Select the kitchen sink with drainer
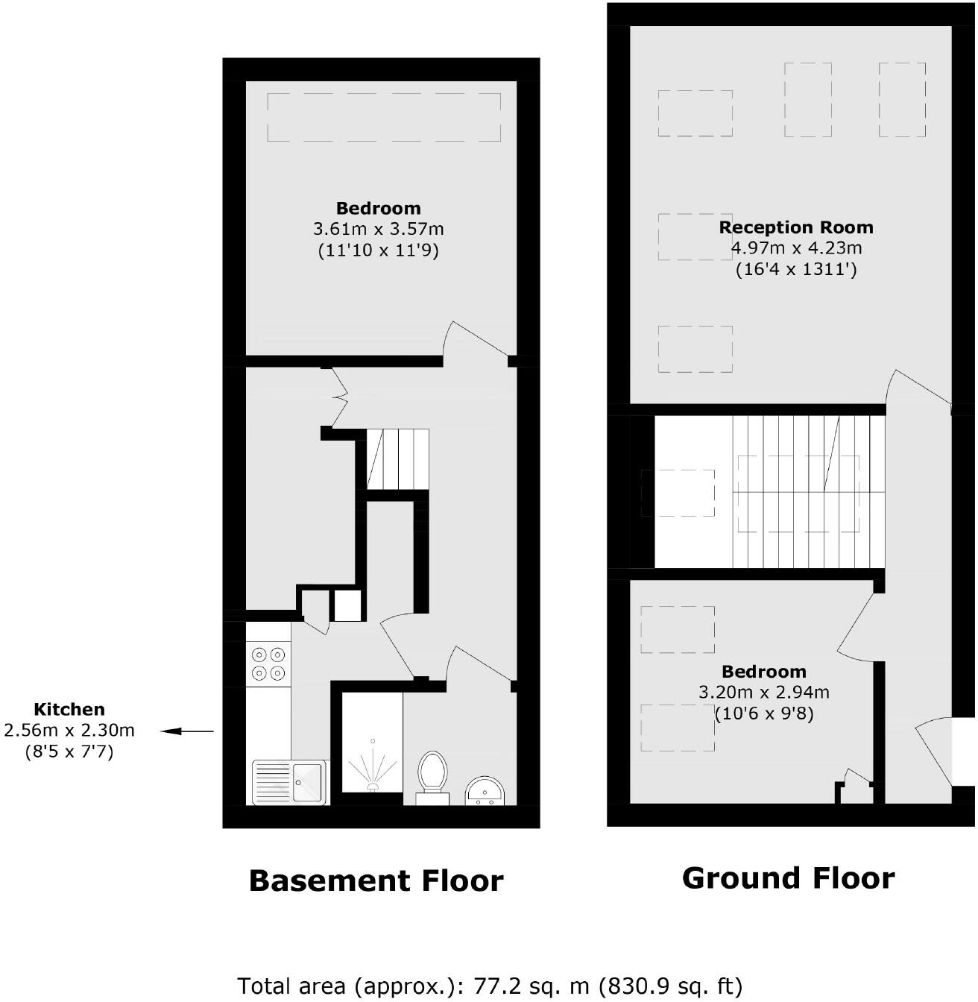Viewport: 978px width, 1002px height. [289, 782]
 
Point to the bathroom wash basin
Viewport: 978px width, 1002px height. [486, 790]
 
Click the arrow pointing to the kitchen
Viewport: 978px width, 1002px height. [187, 731]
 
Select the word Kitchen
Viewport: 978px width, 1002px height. [69, 710]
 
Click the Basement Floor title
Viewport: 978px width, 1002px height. [376, 880]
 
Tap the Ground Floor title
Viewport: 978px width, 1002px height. [788, 878]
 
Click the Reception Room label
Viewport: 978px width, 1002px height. [795, 227]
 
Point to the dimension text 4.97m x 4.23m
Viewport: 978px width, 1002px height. [795, 248]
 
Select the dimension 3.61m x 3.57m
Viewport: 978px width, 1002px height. [378, 229]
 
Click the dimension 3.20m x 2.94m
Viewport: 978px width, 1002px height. [763, 693]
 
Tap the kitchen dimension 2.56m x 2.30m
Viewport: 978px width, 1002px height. [69, 731]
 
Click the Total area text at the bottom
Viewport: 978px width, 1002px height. [490, 986]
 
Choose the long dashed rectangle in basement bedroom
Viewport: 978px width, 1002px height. [384, 117]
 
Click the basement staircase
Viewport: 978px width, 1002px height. [397, 459]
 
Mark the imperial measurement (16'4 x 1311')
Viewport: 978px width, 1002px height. [795, 269]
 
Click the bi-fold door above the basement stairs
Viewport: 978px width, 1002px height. [340, 399]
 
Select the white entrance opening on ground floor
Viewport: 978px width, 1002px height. [963, 751]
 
